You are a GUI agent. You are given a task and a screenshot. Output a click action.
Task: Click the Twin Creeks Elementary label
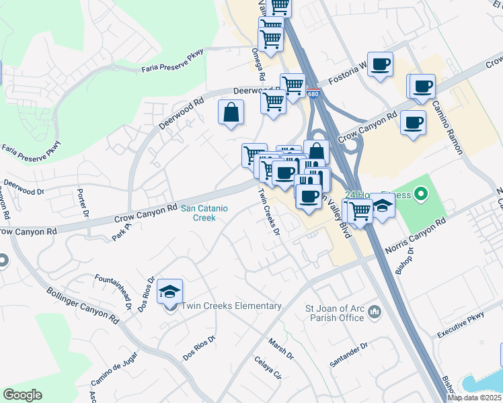231,306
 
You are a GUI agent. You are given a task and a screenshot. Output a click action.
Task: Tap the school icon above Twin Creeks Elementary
170,292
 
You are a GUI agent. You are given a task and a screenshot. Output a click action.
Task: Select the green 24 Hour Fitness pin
421,195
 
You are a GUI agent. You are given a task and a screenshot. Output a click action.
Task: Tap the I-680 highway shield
313,94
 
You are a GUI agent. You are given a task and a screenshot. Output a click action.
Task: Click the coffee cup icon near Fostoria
381,65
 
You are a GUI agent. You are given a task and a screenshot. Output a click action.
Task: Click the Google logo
23,394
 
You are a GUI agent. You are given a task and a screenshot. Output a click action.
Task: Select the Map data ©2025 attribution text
474,398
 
